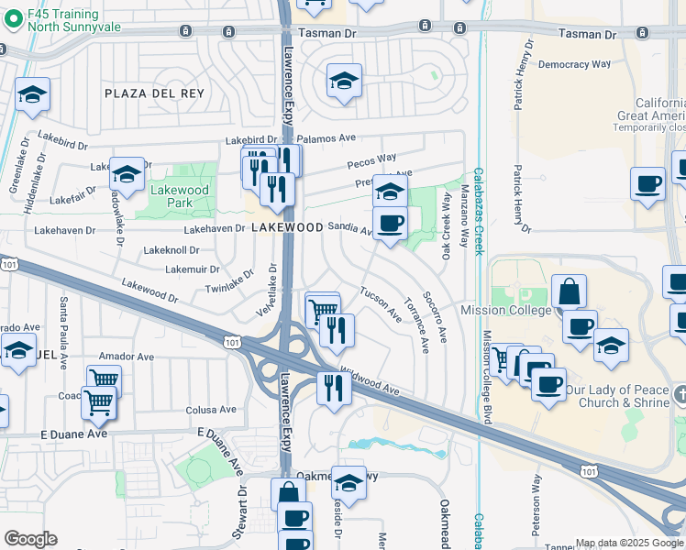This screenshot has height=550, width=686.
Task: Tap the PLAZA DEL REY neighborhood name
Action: click(x=154, y=94)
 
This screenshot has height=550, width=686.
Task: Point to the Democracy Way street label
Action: click(x=574, y=65)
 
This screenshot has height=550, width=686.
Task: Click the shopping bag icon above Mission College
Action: click(x=569, y=291)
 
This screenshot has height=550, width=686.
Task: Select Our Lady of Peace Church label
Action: click(x=625, y=395)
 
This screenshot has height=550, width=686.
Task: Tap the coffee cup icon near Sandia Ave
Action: click(x=390, y=224)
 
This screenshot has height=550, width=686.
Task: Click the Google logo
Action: click(x=30, y=539)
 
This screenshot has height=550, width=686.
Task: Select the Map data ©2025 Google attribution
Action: click(x=628, y=543)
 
